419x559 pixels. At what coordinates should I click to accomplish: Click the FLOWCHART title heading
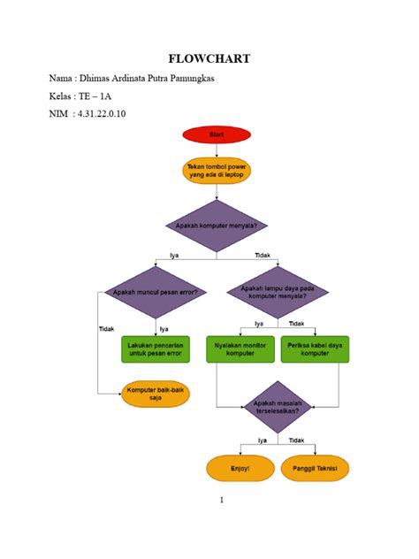pos(209,59)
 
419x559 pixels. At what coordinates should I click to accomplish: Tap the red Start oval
pos(216,134)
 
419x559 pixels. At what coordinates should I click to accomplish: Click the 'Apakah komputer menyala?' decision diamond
pos(216,226)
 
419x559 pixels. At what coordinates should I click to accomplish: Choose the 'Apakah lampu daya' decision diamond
pos(278,292)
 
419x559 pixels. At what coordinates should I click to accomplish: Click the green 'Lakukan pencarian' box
pos(156,348)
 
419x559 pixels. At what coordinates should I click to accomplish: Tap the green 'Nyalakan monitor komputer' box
pos(241,348)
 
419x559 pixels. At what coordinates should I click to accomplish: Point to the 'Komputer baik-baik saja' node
pos(156,394)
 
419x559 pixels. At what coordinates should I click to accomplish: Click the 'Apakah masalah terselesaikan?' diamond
pos(278,406)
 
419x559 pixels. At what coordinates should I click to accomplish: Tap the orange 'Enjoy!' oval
pos(240,467)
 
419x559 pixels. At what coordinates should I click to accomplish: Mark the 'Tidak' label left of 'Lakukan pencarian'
pos(105,329)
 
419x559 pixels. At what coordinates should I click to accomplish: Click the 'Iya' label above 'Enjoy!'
pos(263,440)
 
